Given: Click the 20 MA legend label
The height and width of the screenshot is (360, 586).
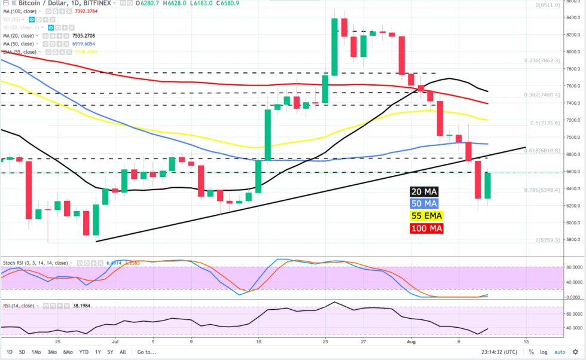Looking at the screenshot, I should pos(424,192).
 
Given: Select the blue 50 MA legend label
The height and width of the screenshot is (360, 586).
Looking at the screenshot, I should pos(424,204).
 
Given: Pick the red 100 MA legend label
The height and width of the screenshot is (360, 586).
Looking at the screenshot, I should pos(426,228).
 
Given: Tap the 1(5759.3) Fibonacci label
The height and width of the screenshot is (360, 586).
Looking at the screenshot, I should pos(547,240).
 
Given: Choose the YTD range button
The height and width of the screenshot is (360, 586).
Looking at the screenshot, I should pos(84,352).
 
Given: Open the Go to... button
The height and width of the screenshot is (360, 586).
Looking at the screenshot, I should pos(146,352).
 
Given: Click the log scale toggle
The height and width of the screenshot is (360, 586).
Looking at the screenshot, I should pos(544,352).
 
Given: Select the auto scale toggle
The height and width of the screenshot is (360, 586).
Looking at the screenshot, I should pos(560,352).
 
